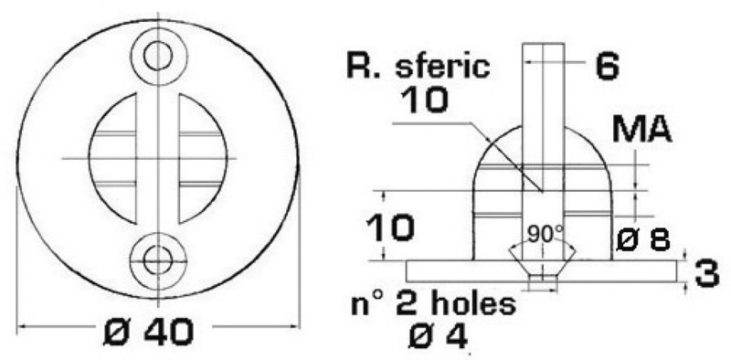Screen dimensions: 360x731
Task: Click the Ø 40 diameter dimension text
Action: (x=157, y=334)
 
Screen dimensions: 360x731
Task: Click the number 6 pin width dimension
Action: (x=608, y=66)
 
